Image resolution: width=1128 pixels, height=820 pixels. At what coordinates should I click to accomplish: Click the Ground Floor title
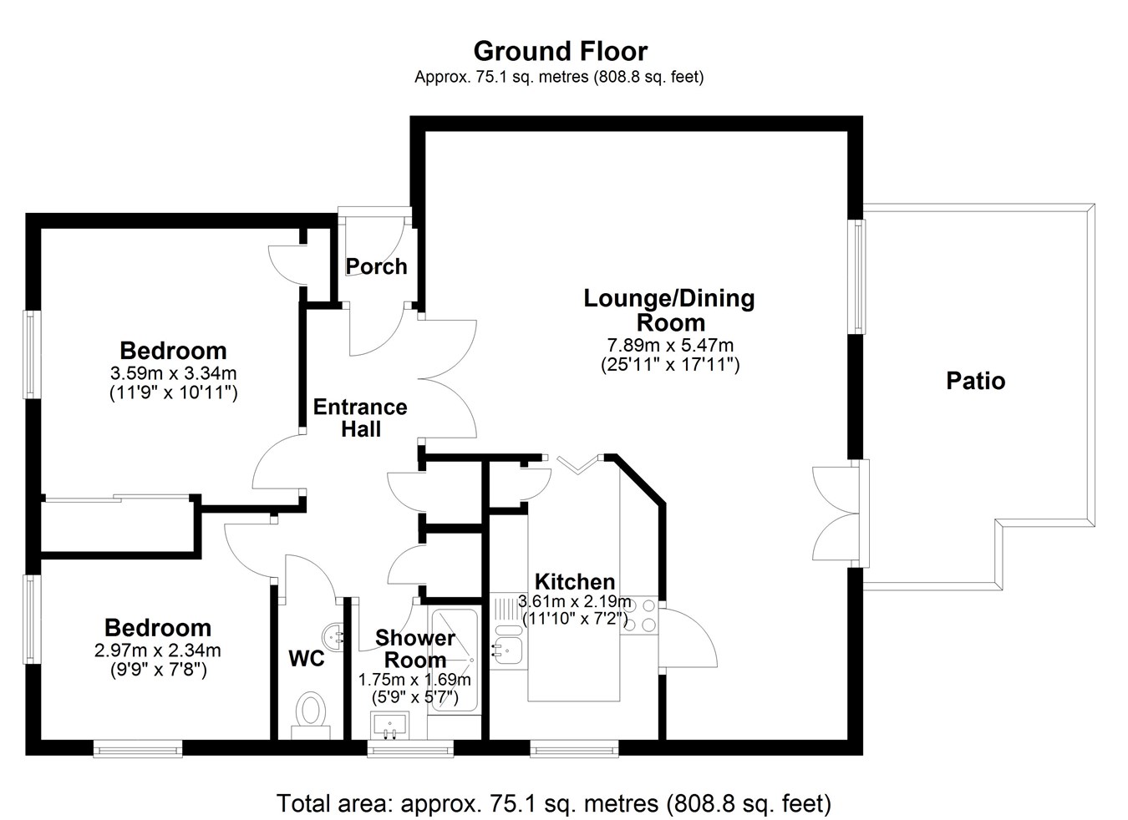click(560, 51)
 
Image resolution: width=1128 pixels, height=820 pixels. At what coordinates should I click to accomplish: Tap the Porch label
click(376, 266)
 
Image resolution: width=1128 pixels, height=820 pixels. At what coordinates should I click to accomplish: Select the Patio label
click(975, 381)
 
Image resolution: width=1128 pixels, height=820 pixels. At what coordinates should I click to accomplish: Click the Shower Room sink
click(390, 726)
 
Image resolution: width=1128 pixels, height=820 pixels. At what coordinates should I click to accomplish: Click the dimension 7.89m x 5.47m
click(670, 346)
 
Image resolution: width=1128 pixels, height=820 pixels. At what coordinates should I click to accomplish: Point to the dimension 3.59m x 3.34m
click(173, 373)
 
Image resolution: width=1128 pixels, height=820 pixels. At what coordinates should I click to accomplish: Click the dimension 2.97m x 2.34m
click(158, 650)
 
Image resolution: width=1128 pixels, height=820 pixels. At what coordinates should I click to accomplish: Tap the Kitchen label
click(575, 582)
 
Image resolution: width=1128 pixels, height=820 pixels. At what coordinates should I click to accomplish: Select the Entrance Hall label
click(360, 418)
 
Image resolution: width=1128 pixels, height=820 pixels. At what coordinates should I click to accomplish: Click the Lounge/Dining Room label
click(669, 310)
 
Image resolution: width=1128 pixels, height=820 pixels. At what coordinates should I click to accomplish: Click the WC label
click(306, 658)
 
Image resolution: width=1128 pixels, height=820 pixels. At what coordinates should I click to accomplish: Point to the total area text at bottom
click(553, 803)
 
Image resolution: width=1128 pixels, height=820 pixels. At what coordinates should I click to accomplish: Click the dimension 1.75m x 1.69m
click(414, 680)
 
